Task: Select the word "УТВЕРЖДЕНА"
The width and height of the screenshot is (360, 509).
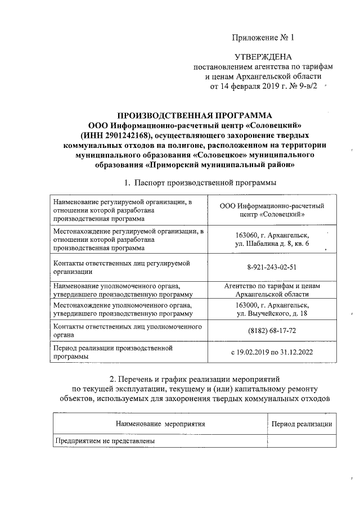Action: [x=263, y=57]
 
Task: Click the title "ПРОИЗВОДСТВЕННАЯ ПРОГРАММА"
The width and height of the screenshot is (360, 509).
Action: [x=195, y=115]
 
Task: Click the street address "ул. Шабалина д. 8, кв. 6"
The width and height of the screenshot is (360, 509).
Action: [x=272, y=244]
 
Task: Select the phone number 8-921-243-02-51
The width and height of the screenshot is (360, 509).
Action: [x=272, y=267]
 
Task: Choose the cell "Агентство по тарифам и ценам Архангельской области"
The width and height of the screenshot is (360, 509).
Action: [x=272, y=290]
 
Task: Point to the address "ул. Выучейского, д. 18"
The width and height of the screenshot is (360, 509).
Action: [x=272, y=313]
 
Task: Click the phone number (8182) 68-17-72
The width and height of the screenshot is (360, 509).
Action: [x=272, y=331]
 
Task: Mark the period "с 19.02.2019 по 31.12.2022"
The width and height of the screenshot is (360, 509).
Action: [x=272, y=352]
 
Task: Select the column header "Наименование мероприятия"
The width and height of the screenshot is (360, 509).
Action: [x=160, y=424]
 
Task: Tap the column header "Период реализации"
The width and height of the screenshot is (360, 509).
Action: [x=301, y=424]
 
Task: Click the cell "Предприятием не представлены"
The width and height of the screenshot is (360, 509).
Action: [x=104, y=441]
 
